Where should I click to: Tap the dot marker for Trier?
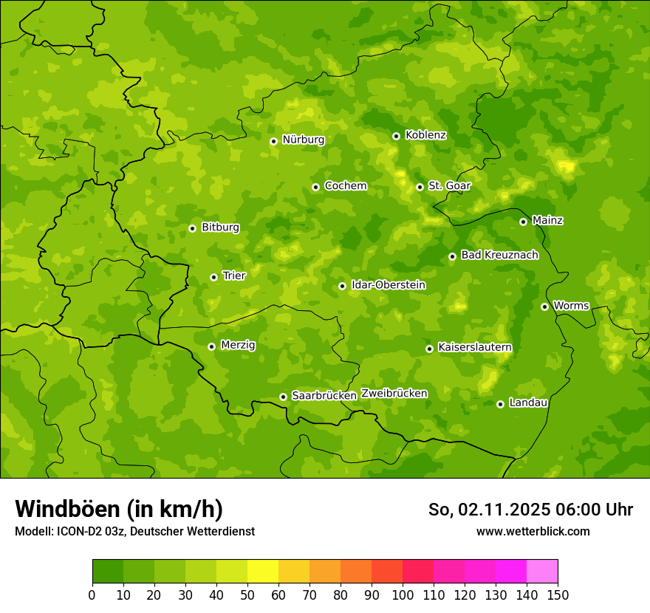(x=214, y=277)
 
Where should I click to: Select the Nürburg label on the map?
(x=303, y=140)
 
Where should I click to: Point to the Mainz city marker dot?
(x=523, y=222)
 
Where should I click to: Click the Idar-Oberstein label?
(x=388, y=285)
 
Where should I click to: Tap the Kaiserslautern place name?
(x=474, y=347)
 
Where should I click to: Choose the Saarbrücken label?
(x=324, y=396)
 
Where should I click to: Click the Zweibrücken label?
(x=394, y=394)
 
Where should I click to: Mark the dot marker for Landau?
(x=500, y=404)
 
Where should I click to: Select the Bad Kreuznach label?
(x=499, y=256)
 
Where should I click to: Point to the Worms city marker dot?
(x=544, y=306)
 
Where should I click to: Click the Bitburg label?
(x=220, y=227)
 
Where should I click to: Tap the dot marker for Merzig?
(x=211, y=346)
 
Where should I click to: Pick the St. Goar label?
(x=449, y=186)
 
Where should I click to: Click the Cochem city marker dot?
(x=315, y=187)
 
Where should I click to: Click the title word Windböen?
(x=66, y=509)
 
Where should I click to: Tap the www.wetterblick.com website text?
(x=533, y=532)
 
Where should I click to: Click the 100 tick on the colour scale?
(x=403, y=595)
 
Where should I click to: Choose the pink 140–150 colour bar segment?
(x=542, y=572)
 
